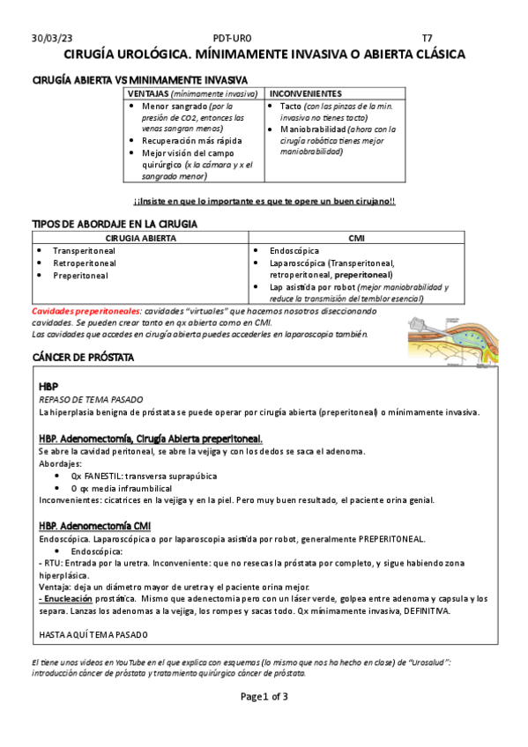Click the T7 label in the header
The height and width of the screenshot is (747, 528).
point(428,38)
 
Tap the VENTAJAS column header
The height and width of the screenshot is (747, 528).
point(148,93)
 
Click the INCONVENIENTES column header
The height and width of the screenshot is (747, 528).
point(306,93)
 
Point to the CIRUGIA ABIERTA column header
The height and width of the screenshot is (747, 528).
point(140,238)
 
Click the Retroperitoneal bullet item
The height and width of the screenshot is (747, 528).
point(85,263)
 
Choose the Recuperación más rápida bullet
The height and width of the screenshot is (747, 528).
point(186,140)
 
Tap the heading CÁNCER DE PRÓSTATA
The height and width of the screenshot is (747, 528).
point(83,358)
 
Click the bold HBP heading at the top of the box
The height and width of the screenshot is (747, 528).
point(48,387)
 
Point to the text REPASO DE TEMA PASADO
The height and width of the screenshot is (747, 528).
point(85,399)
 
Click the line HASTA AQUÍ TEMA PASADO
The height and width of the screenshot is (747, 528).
point(93,635)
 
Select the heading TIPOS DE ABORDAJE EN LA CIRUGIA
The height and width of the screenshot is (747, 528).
point(115,224)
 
